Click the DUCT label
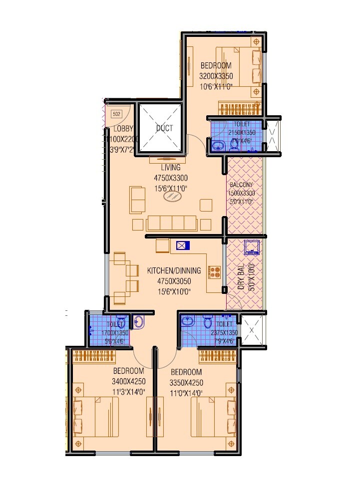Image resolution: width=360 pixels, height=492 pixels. pos(164,128)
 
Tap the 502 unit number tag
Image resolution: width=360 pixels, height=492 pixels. pos(117,114)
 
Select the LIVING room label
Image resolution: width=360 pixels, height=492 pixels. pos(170,168)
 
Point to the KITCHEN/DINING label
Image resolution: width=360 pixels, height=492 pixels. pos(174,271)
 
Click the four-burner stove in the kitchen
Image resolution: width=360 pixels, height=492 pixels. pos(215,272)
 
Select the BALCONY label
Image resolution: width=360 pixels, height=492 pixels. pos(242,185)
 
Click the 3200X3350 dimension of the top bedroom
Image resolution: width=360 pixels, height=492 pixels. pos(216,76)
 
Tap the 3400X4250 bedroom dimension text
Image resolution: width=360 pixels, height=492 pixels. pos(128,382)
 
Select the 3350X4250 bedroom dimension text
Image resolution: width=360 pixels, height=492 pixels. pos(186,383)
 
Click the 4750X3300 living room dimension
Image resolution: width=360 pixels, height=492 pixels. pos(170,177)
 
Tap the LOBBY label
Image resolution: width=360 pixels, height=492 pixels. pos(115,130)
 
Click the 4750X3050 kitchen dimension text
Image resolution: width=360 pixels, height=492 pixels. pos(174,281)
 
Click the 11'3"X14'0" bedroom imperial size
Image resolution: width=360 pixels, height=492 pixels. pos(128,392)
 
